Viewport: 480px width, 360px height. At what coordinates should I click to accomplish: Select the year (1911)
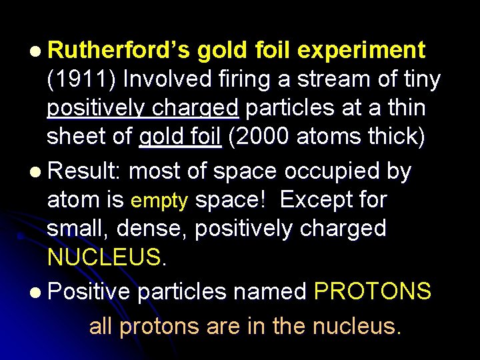(x=81, y=79)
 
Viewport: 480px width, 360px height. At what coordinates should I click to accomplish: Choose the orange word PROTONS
(x=372, y=291)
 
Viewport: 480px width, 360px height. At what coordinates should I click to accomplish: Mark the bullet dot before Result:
(x=35, y=172)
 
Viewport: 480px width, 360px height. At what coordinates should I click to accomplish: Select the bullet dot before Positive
(x=35, y=291)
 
